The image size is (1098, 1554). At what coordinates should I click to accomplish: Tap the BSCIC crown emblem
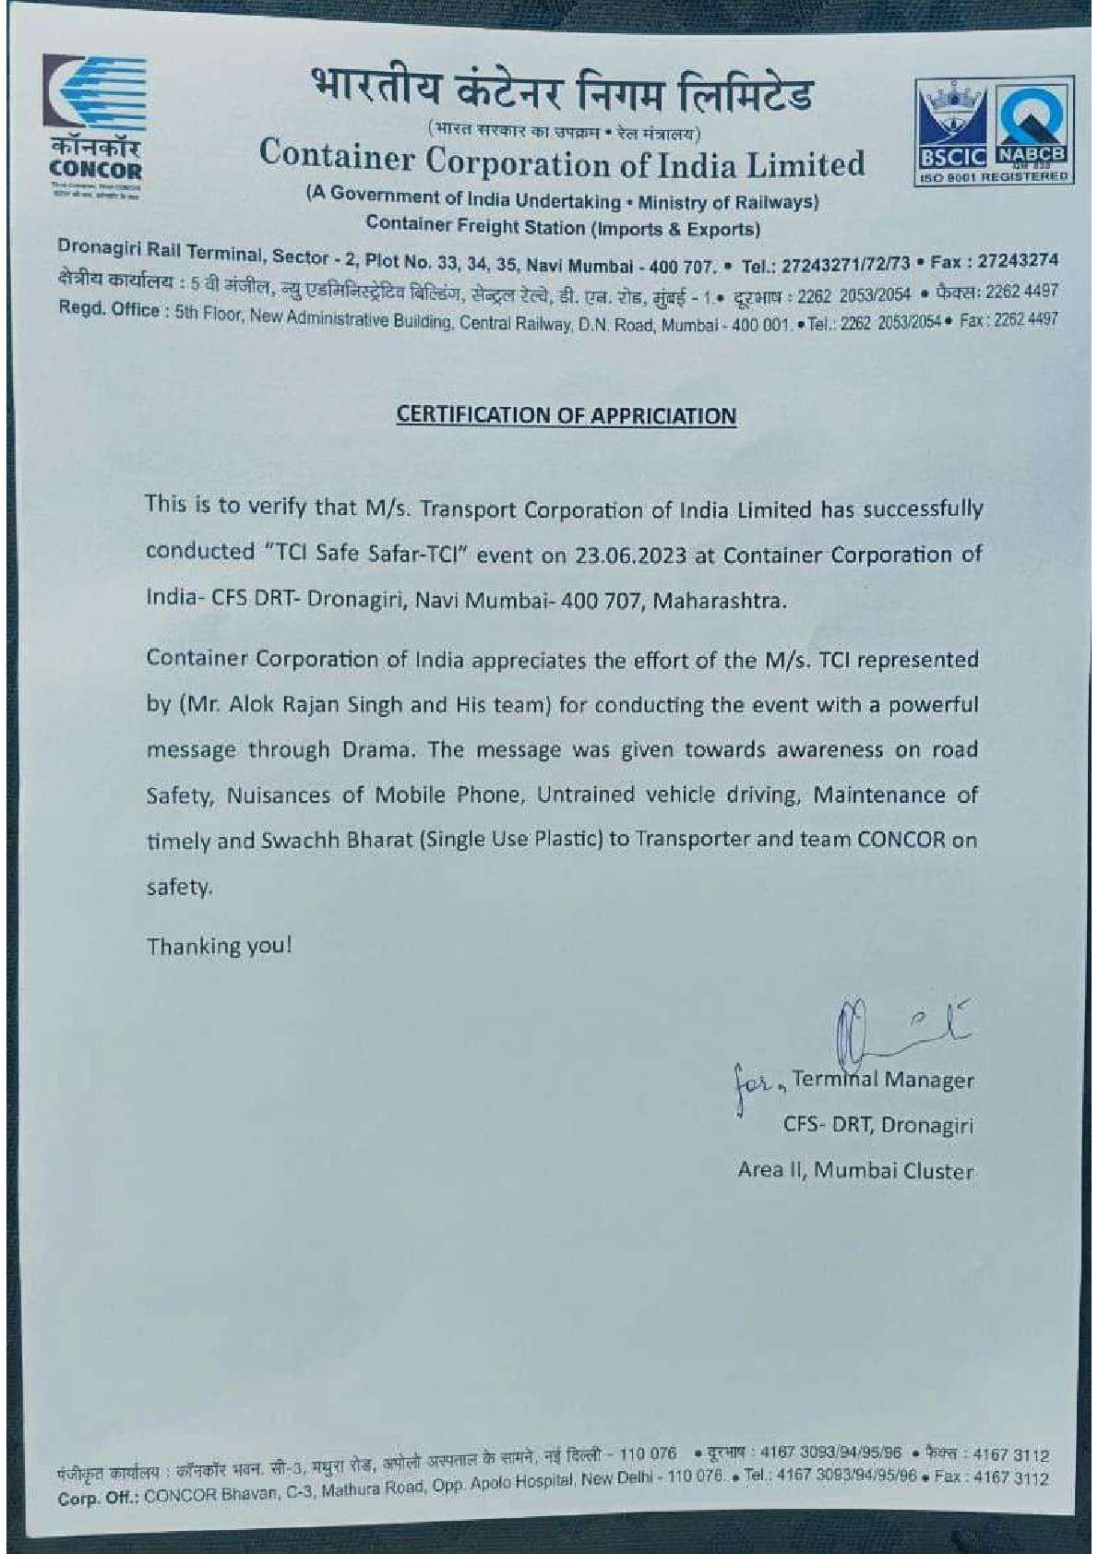pyautogui.click(x=949, y=115)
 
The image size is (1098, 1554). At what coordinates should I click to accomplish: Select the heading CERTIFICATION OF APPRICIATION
pyautogui.click(x=566, y=416)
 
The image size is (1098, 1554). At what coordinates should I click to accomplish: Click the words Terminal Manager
pyautogui.click(x=882, y=1080)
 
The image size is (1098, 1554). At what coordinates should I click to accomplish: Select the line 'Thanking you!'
pyautogui.click(x=219, y=946)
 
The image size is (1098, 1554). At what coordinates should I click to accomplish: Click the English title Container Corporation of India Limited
pyautogui.click(x=562, y=161)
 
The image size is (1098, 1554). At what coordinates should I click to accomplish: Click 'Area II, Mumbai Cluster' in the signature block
pyautogui.click(x=855, y=1170)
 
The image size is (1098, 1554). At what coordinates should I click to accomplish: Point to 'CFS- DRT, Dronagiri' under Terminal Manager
pyautogui.click(x=877, y=1125)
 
